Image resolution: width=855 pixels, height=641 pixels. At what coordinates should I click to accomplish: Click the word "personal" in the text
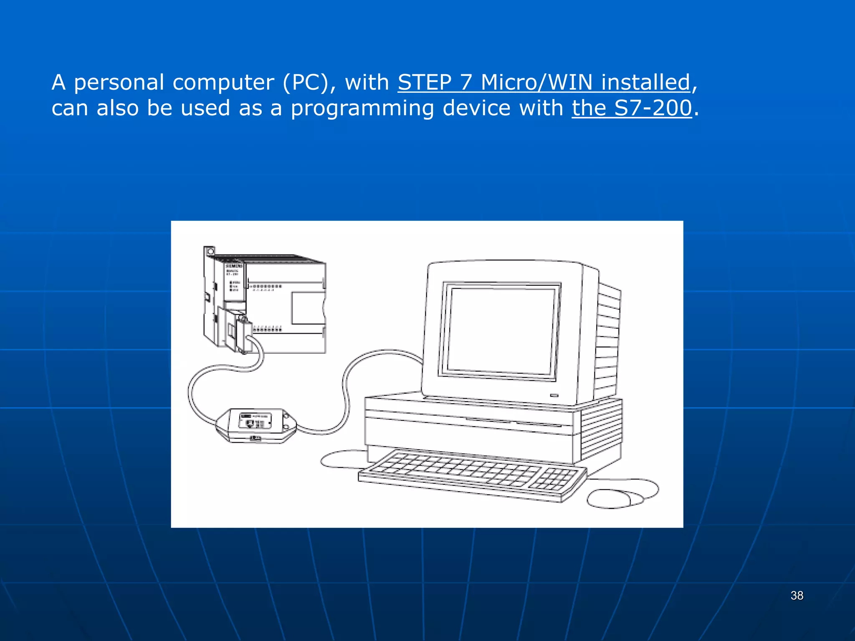coord(119,83)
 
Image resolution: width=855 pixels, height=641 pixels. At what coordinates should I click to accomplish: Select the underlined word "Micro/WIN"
coord(537,82)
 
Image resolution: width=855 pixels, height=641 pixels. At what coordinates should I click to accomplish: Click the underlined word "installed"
coord(645,82)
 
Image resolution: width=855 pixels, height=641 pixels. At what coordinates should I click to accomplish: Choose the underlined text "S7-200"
coord(653,108)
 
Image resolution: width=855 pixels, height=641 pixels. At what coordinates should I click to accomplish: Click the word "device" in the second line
coord(476,108)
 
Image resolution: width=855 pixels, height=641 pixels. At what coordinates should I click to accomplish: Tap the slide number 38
coord(797,596)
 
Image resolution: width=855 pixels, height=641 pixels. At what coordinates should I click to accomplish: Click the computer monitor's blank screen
coord(501,330)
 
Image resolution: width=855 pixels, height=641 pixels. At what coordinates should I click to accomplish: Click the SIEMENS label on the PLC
coord(234,266)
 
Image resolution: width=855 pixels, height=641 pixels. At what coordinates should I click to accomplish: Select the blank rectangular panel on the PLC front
coord(308,308)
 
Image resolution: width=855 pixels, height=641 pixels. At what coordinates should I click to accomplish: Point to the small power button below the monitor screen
coord(554,395)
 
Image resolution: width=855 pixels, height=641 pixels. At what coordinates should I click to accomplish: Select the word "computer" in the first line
coord(223,83)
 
